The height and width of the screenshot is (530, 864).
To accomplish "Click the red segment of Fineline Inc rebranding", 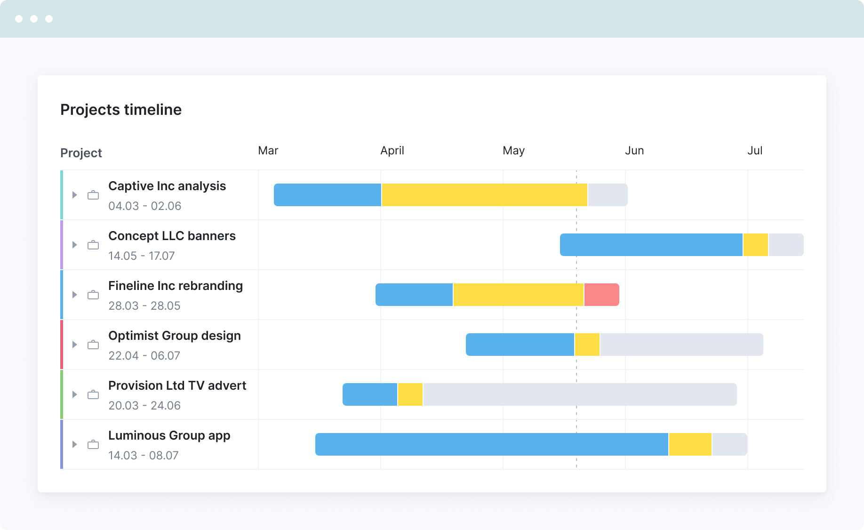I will click(x=601, y=295).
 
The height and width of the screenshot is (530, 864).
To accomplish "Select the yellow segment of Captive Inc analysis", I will click(x=484, y=195).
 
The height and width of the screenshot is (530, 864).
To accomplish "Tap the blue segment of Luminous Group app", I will click(x=492, y=444).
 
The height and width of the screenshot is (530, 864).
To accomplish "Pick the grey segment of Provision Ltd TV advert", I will click(x=580, y=394).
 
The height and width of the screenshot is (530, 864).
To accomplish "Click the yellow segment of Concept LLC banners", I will click(x=756, y=245).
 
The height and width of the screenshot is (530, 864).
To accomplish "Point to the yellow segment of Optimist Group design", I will click(x=587, y=345).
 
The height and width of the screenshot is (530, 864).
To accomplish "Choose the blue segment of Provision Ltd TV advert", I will click(x=370, y=394).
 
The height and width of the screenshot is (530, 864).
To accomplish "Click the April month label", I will click(x=392, y=151).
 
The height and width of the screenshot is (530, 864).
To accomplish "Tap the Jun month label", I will click(x=634, y=151).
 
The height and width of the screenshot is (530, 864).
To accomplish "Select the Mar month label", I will click(x=268, y=151).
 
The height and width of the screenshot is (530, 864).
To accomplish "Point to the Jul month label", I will click(x=755, y=151).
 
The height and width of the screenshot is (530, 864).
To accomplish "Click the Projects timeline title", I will click(x=121, y=110).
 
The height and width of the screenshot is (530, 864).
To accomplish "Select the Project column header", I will click(x=81, y=153).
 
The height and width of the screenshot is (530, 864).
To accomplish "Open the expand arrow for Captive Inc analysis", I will click(x=74, y=195).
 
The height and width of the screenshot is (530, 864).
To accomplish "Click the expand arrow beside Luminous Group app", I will click(x=74, y=444).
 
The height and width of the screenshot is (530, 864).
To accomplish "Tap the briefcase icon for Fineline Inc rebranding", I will click(x=93, y=295).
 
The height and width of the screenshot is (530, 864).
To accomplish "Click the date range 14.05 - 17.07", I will click(x=141, y=256).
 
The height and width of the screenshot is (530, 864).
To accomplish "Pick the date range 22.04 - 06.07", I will click(x=144, y=356).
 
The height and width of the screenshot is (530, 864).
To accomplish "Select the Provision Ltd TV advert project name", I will click(x=177, y=385).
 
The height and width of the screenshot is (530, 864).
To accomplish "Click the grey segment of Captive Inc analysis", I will click(x=608, y=195).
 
